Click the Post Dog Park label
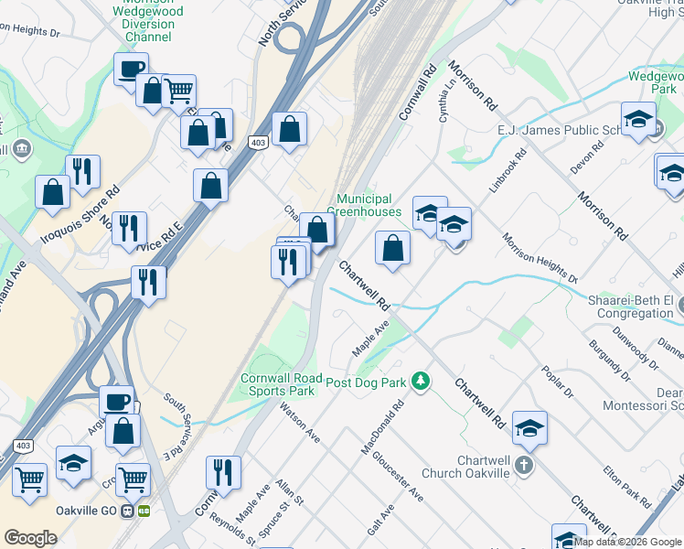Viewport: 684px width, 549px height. coord(365,382)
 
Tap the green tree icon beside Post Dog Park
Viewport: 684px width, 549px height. coord(420,379)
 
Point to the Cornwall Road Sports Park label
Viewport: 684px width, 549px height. coord(283,384)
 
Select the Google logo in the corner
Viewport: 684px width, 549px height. coord(30,538)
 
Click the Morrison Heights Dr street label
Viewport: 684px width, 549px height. coord(540,257)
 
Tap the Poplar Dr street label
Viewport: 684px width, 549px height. coord(557,379)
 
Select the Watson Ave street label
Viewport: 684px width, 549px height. coord(299,422)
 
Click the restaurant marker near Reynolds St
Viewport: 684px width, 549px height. coord(223,472)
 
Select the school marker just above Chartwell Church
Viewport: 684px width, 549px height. coord(529,426)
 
